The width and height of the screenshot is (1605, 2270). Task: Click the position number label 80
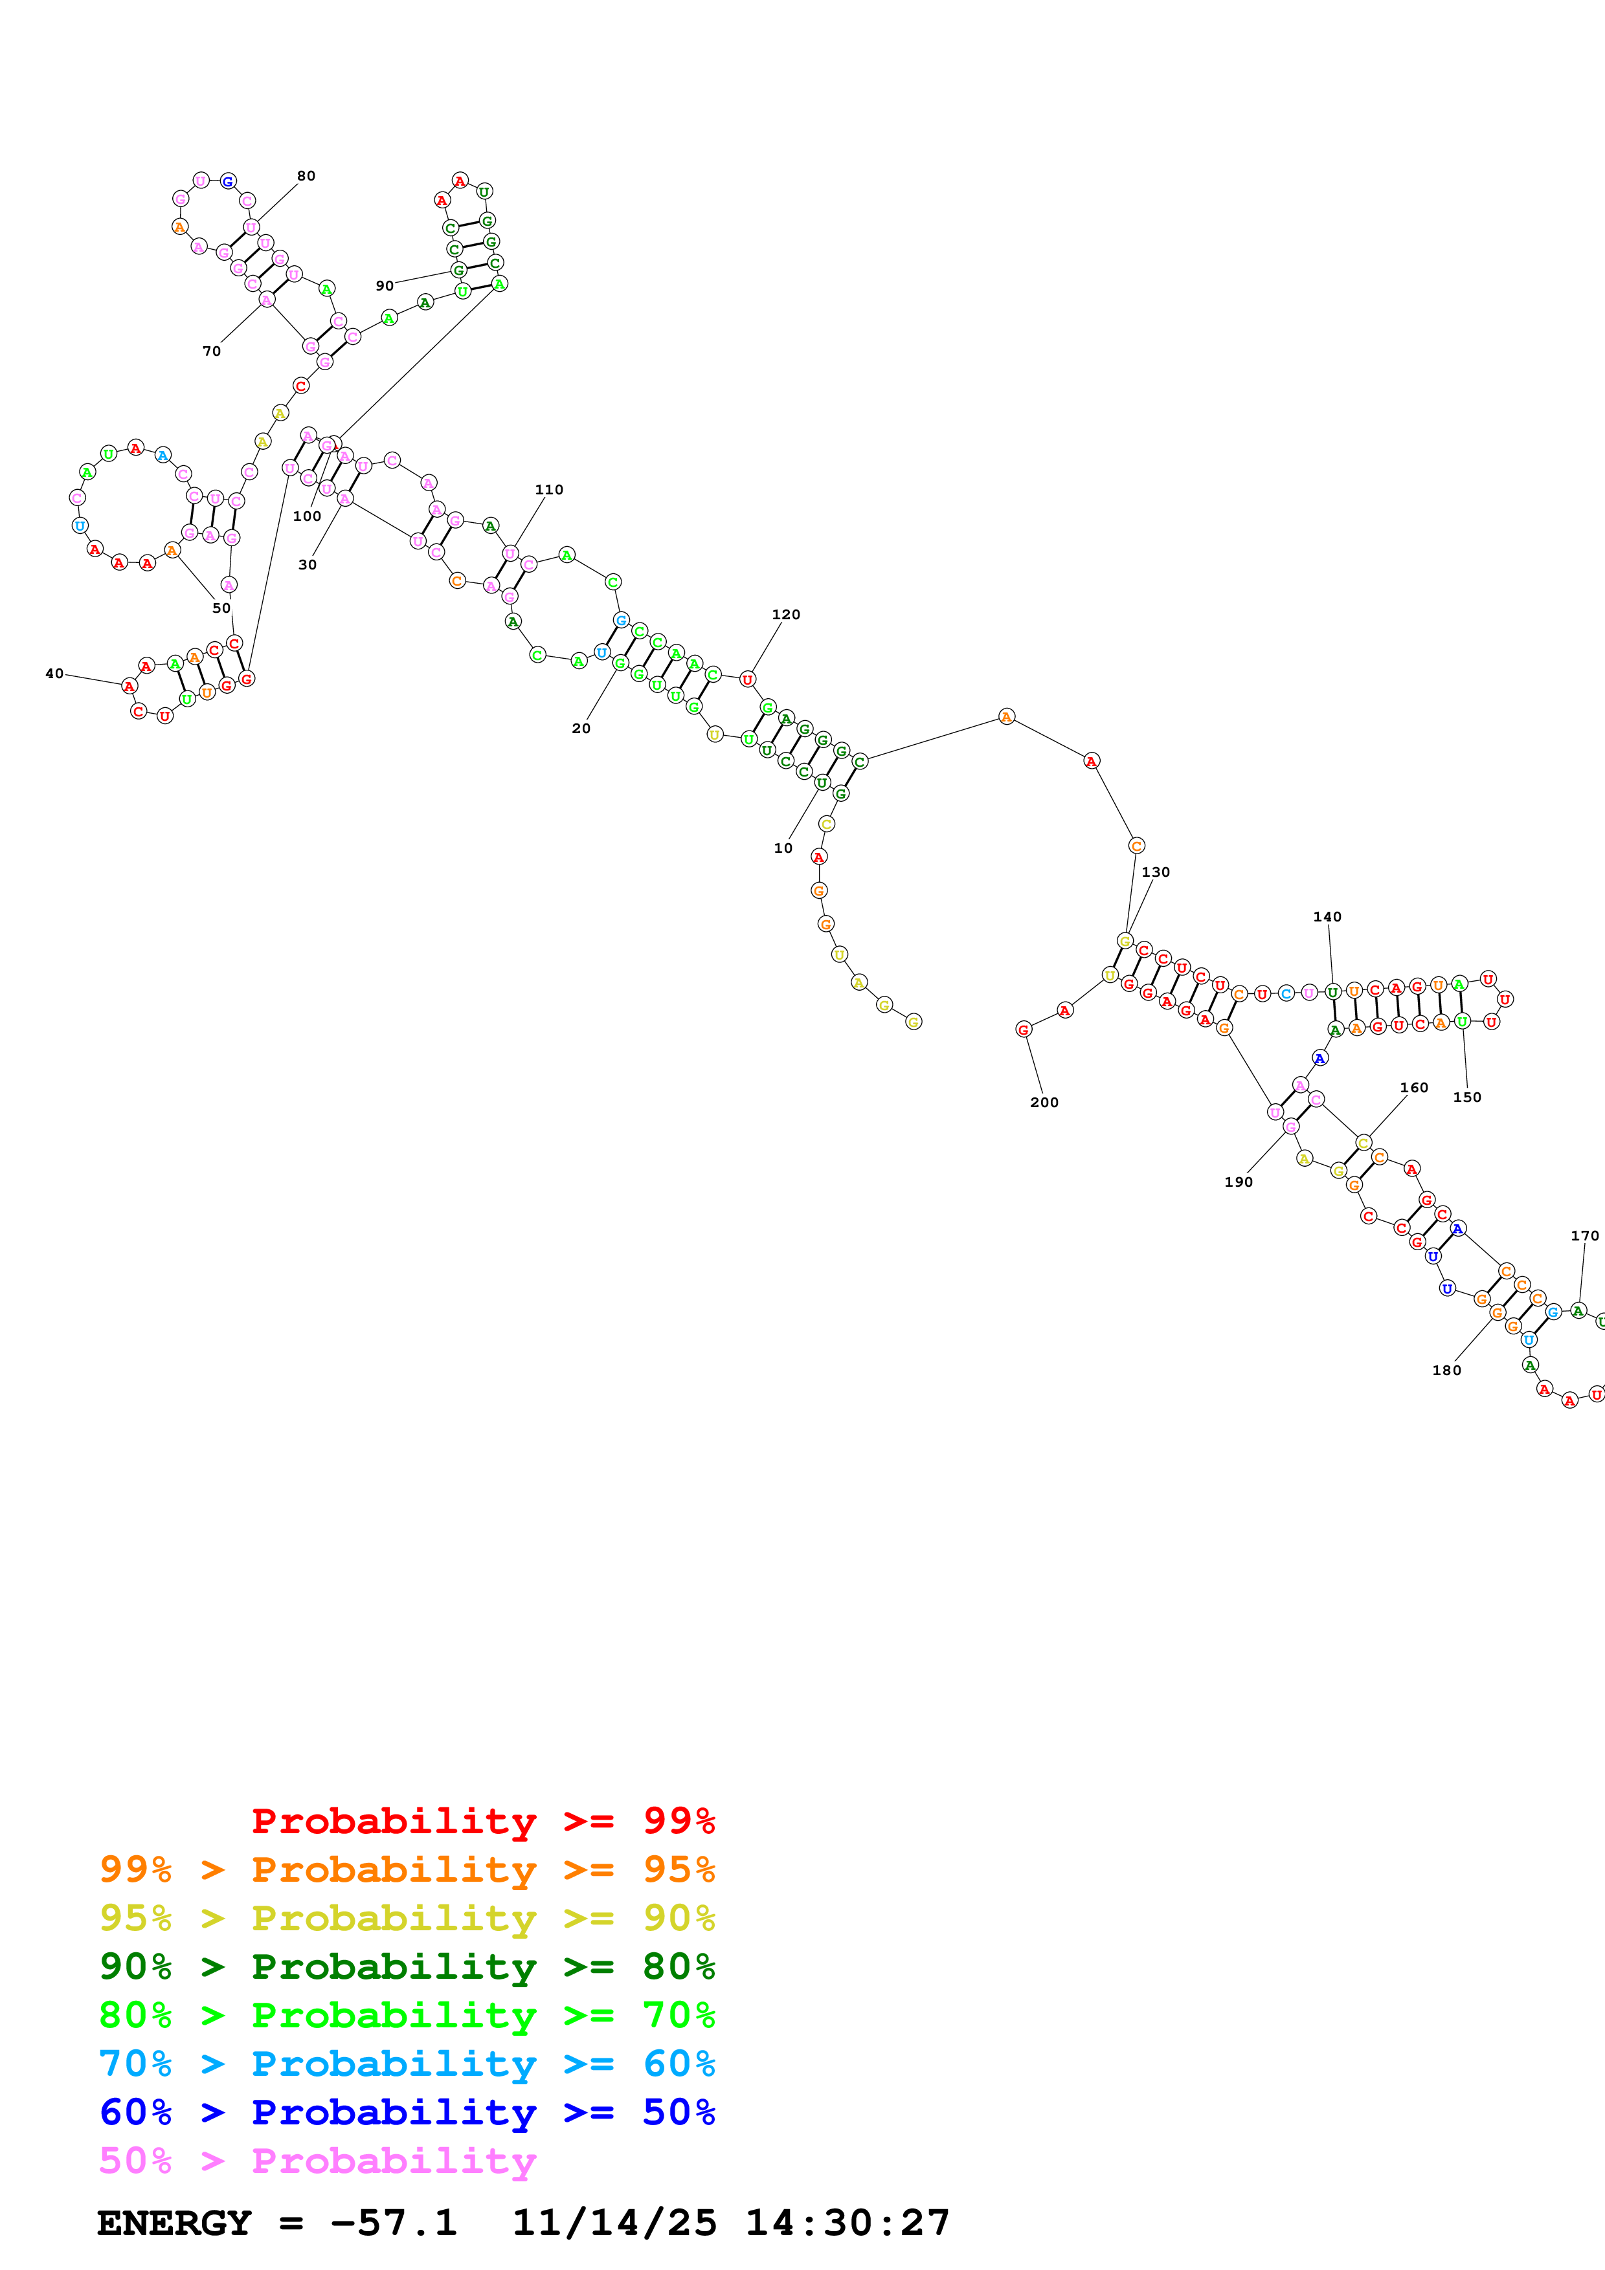(306, 176)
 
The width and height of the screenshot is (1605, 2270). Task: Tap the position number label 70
(212, 351)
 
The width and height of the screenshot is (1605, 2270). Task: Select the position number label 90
(384, 286)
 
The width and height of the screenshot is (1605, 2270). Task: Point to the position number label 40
(54, 673)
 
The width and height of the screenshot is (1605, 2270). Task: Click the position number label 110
(549, 489)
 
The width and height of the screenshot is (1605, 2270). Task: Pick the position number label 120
(785, 614)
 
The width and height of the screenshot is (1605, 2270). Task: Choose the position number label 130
(1155, 872)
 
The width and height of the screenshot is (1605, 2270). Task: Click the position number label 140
(1327, 916)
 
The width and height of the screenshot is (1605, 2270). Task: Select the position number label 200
(1044, 1103)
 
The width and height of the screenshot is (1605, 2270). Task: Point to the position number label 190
(1238, 1182)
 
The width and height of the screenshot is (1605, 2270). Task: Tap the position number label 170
(1584, 1236)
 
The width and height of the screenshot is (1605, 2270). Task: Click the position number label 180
(1446, 1371)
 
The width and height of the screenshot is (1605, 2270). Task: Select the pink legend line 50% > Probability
(317, 2160)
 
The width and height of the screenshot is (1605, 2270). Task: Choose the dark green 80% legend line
(407, 1967)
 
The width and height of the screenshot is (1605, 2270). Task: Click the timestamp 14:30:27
(846, 2223)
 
